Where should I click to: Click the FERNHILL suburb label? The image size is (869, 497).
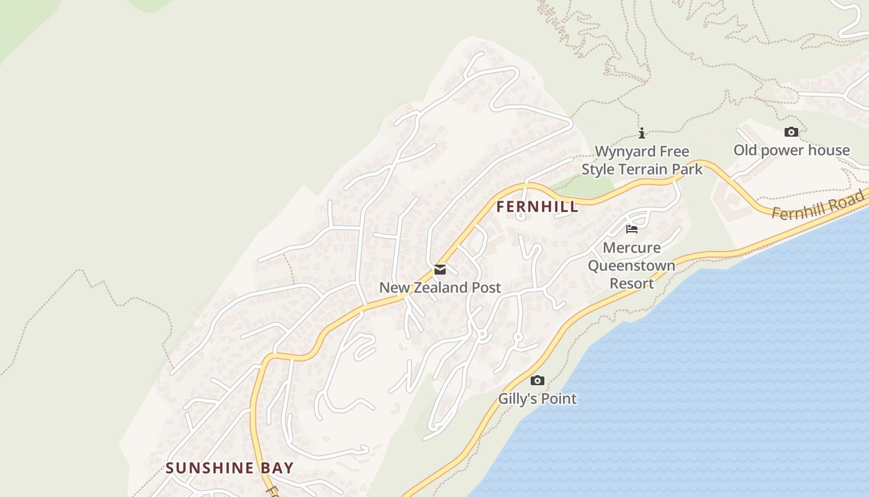coord(538,207)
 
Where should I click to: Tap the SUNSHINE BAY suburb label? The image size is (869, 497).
coord(229,468)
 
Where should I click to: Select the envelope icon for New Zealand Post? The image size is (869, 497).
coord(440,270)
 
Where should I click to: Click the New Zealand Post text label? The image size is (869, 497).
coord(440,288)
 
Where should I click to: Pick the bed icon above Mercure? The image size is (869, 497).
coord(632,229)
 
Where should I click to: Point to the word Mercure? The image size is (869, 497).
coord(632,248)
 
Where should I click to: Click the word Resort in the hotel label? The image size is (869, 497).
coord(632,284)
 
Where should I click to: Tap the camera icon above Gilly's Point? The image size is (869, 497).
coord(538,380)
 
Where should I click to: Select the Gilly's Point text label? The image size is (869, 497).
coord(538,399)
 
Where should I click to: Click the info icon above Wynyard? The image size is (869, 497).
coord(642,133)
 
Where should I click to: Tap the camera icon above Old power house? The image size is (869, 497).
coord(791,132)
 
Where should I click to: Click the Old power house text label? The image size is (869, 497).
coord(791,150)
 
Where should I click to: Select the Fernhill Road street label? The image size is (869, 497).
coord(818,205)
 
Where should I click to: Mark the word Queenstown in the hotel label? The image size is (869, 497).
coord(632,266)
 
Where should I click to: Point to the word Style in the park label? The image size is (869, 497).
coord(598,170)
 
